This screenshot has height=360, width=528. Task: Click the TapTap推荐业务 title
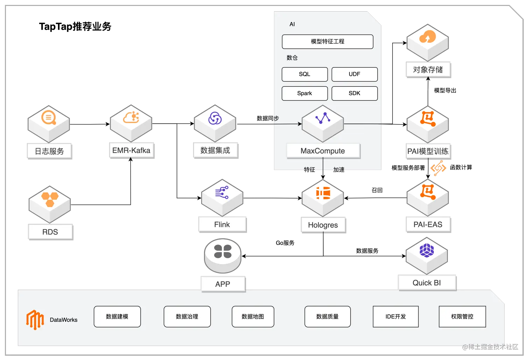(75, 26)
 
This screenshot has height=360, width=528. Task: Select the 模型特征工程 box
(328, 42)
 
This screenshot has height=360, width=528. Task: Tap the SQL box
(304, 74)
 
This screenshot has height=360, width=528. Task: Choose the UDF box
(354, 74)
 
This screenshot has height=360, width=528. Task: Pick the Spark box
(304, 93)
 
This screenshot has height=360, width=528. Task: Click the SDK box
(354, 93)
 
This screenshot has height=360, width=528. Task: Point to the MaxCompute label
(323, 151)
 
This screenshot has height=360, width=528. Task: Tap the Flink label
(222, 225)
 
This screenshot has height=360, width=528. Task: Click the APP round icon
(223, 256)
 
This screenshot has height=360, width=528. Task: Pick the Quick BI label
(427, 283)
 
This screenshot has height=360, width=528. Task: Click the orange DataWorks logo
(35, 319)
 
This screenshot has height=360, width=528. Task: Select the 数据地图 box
(253, 316)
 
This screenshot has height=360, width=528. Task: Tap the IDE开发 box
(395, 316)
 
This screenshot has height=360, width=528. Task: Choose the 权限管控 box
(462, 316)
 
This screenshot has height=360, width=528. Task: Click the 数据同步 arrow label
(268, 118)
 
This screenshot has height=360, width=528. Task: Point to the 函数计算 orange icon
(438, 168)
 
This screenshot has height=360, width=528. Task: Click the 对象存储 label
(428, 70)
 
